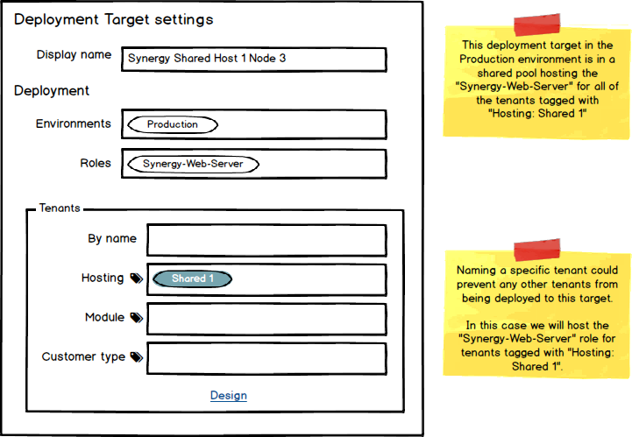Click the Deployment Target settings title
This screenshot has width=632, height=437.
click(113, 19)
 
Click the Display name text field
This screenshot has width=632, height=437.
click(253, 59)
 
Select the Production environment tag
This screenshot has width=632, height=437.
click(173, 124)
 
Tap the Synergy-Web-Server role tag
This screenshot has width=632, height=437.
click(194, 164)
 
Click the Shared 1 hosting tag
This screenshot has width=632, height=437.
click(193, 278)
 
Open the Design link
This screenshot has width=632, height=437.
click(229, 396)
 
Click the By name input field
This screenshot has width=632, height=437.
click(266, 240)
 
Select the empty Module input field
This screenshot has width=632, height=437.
click(266, 319)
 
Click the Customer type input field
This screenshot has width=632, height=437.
click(266, 358)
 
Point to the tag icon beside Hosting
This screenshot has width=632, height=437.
click(136, 278)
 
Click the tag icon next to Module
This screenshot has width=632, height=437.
click(136, 318)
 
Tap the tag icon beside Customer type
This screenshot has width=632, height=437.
click(136, 357)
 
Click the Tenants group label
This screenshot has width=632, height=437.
click(60, 208)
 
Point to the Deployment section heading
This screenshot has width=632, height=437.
click(52, 90)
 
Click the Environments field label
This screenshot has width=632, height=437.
click(74, 123)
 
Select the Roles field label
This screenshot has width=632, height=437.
click(96, 163)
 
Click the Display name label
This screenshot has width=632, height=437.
click(74, 55)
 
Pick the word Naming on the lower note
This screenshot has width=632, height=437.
click(477, 271)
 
